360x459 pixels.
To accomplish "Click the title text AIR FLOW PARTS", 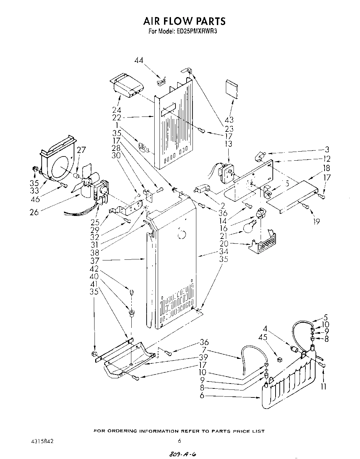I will (x=184, y=22).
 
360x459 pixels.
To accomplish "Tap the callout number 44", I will (x=139, y=61).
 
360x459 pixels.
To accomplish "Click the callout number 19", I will (x=316, y=222).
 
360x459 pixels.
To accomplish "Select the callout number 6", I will (x=202, y=396).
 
